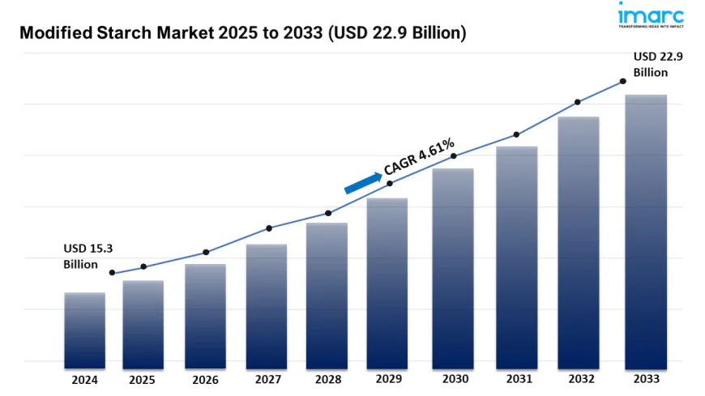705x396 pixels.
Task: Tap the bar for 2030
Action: (x=453, y=267)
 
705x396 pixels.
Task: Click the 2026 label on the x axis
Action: (x=207, y=379)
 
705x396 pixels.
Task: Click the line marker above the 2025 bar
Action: (x=143, y=266)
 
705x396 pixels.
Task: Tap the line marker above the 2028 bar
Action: (x=328, y=213)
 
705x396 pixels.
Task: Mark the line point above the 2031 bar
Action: (x=516, y=134)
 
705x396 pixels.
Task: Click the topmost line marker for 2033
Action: (x=622, y=81)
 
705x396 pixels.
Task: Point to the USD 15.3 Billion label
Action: (x=81, y=256)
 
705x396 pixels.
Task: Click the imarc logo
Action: (x=651, y=17)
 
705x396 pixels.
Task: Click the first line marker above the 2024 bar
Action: (x=112, y=273)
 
